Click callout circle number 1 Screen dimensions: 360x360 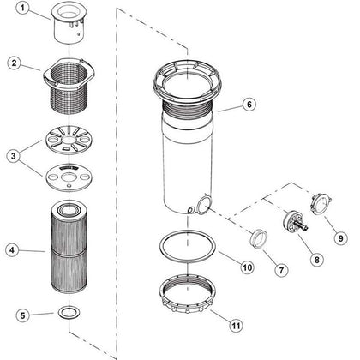(23, 8)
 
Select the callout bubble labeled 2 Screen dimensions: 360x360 (15, 63)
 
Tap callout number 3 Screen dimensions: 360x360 (14, 156)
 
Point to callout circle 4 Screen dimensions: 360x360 (12, 250)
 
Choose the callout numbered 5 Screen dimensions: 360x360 (23, 315)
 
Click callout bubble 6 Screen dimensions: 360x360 (249, 105)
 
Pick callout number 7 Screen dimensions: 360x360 (281, 270)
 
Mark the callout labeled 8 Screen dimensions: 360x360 (316, 260)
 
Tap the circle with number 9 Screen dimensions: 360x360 (340, 237)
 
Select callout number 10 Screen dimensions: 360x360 (247, 267)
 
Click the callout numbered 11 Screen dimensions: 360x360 (236, 326)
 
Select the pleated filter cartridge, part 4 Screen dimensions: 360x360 (69, 246)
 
